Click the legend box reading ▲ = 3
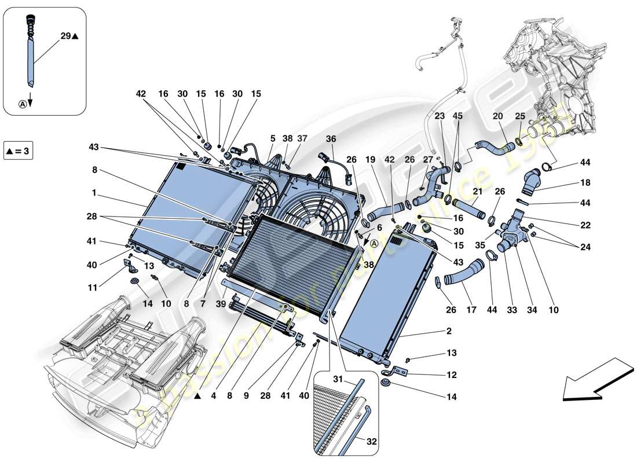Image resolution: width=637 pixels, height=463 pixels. [19, 152]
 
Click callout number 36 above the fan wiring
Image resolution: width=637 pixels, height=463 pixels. [331, 138]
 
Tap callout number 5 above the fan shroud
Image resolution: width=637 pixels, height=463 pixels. [272, 138]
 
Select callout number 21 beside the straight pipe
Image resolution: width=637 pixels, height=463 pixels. [478, 192]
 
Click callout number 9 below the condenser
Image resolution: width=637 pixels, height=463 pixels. [246, 396]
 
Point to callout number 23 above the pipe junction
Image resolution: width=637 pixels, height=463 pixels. [440, 116]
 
